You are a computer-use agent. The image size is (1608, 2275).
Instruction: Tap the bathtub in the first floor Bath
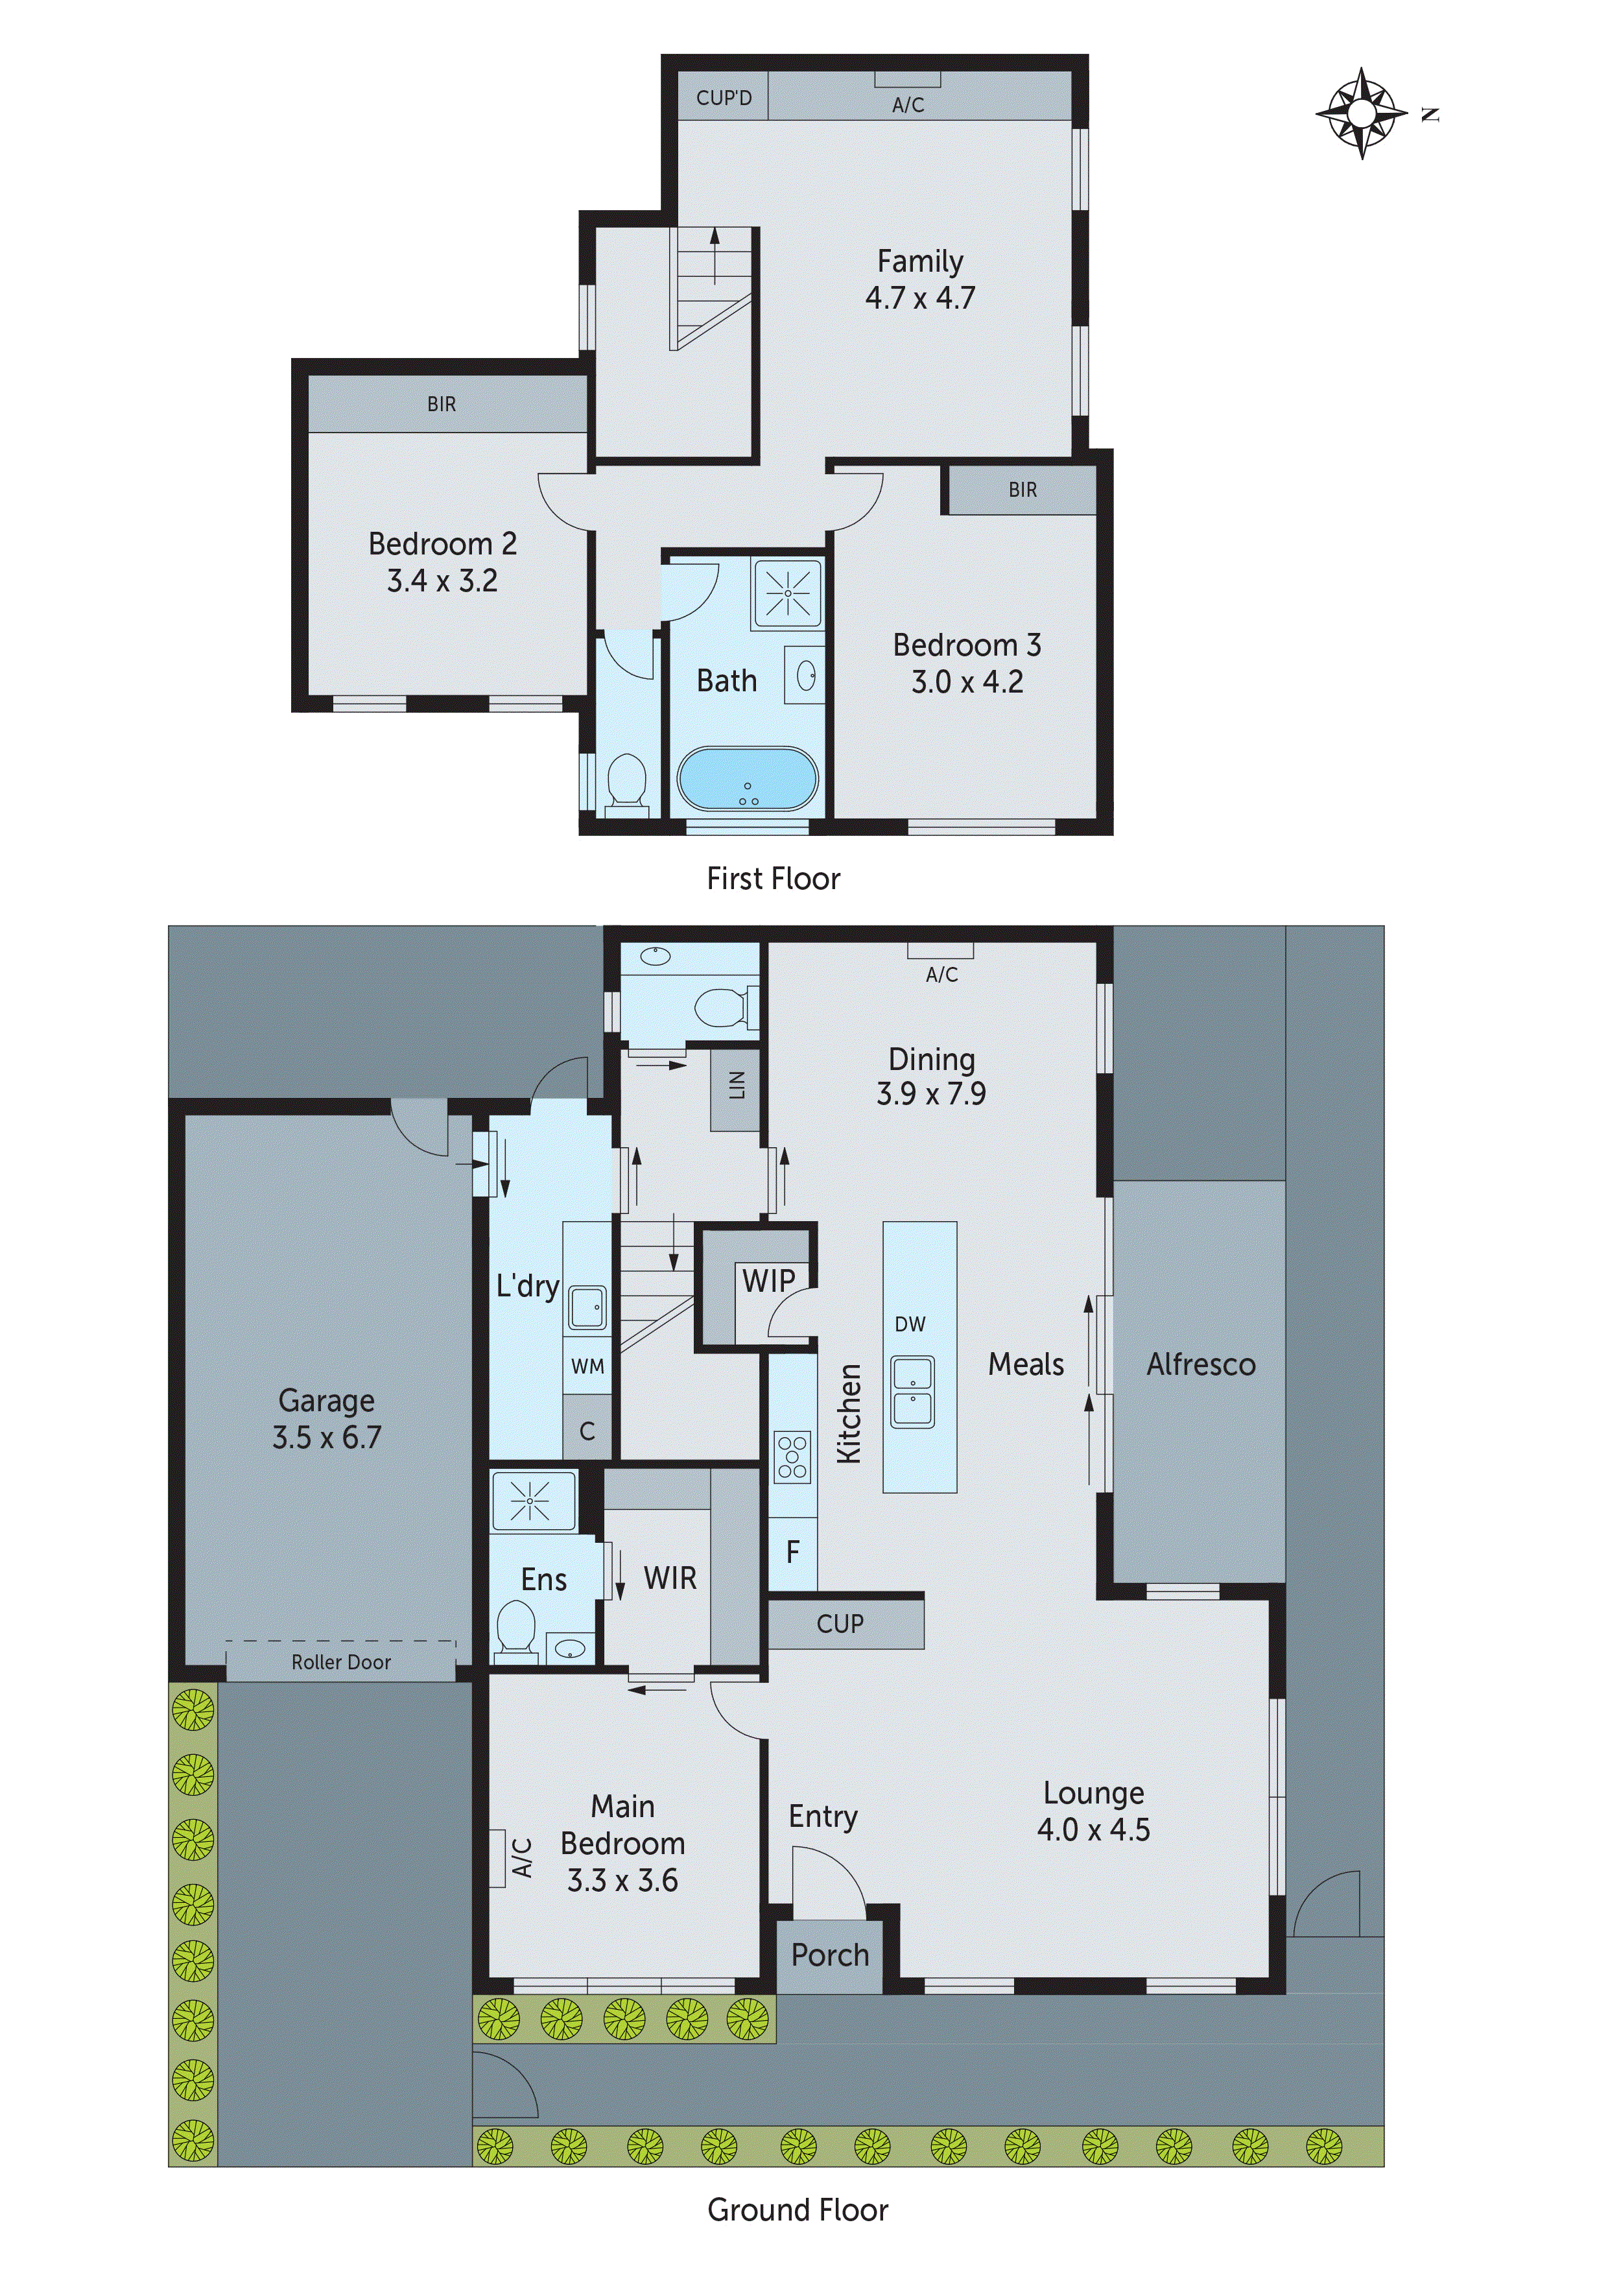click(x=748, y=779)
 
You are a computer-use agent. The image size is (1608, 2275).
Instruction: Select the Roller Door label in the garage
click(x=341, y=1662)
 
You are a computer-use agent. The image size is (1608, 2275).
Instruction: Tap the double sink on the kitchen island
click(x=912, y=1392)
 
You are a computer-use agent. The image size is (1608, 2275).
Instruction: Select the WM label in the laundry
click(x=587, y=1366)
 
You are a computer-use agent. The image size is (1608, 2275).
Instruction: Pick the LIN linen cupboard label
click(x=736, y=1085)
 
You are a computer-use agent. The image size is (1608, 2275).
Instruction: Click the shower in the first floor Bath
click(x=788, y=593)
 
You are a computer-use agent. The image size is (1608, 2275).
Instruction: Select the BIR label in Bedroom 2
click(x=442, y=404)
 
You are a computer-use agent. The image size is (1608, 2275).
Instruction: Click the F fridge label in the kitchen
click(x=792, y=1552)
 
